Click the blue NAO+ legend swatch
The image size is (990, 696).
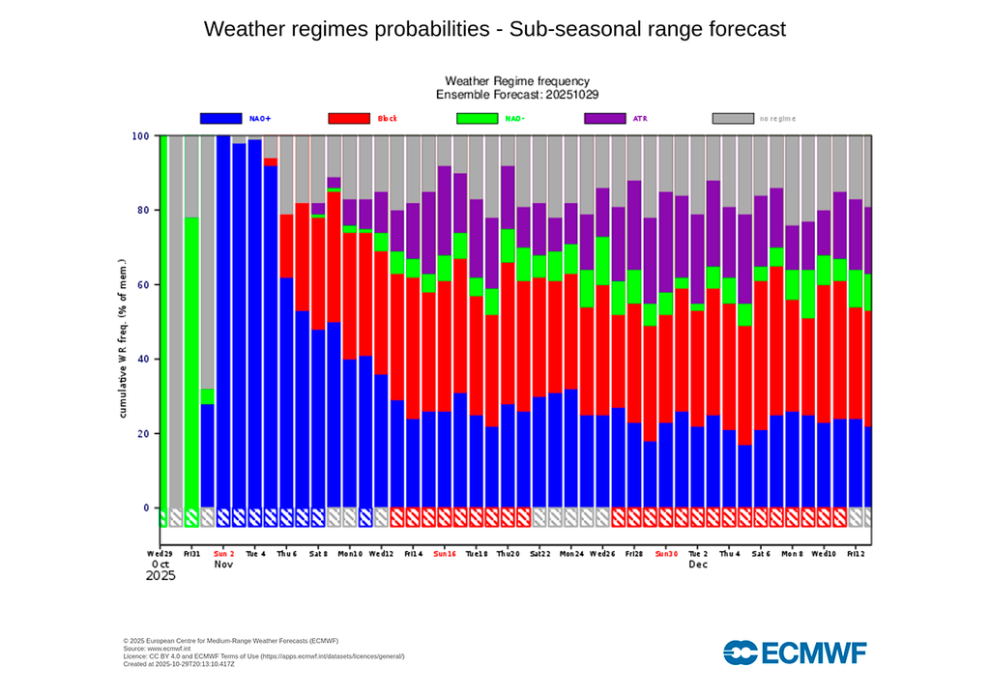click(220, 118)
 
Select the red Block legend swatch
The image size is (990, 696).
click(349, 118)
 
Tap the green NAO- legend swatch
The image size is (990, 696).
click(477, 118)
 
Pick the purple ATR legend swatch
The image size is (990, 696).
click(605, 118)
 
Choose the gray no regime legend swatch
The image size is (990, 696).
click(733, 118)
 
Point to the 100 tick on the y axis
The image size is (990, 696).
click(140, 136)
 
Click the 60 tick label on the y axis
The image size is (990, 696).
click(142, 285)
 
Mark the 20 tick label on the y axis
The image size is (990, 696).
click(142, 434)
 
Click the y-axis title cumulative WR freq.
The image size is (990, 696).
click(124, 338)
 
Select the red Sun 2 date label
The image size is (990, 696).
click(224, 554)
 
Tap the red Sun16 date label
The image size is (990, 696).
click(445, 554)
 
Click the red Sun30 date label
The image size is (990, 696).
click(666, 554)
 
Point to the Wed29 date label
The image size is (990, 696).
click(160, 554)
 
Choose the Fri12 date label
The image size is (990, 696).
click(856, 554)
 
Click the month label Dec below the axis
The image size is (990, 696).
click(698, 565)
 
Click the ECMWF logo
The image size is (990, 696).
click(795, 652)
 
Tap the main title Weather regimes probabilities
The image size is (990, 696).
click(495, 29)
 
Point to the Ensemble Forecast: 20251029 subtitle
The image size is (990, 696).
click(516, 95)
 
